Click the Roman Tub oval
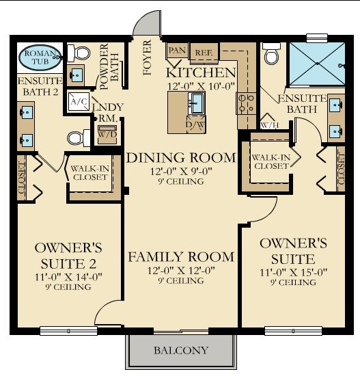point(40,57)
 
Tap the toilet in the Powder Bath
point(79,53)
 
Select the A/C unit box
point(79,102)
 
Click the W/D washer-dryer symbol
point(107,134)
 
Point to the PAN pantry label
point(177,50)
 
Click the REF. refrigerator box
point(204,53)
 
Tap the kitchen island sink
point(197,103)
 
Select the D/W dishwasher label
point(195,124)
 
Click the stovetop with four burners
point(247,103)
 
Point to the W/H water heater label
point(269,125)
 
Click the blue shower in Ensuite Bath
point(318,64)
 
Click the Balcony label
point(181,350)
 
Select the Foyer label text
point(148,57)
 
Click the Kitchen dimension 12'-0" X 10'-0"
point(202,86)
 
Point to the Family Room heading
point(181,257)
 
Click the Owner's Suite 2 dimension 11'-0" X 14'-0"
point(68,277)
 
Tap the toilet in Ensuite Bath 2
point(79,138)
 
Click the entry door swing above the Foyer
point(146,23)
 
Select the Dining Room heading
point(181,158)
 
